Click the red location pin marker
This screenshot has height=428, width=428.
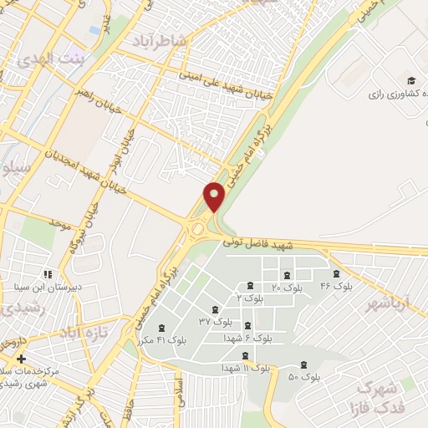click(x=215, y=197)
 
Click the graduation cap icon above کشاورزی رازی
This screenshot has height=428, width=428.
click(x=410, y=81)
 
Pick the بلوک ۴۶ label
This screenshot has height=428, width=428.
click(x=336, y=286)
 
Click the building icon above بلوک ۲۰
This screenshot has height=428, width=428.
click(x=287, y=275)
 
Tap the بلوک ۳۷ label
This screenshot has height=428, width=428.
click(x=215, y=321)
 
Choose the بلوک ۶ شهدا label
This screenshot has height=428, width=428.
click(x=247, y=339)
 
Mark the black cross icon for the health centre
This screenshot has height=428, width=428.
click(x=22, y=359)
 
